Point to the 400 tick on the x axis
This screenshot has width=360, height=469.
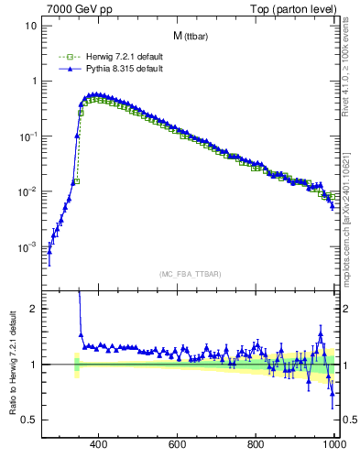coord(99,445)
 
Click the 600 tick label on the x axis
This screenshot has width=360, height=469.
coord(178,445)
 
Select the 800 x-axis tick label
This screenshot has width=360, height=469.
coord(256,445)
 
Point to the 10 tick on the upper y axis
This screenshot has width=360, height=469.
coord(31,26)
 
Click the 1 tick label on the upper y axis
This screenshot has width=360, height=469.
coord(34,81)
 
